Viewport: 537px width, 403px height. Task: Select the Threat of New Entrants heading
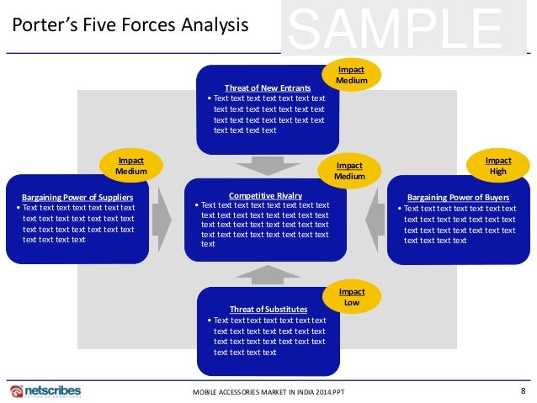coord(268,87)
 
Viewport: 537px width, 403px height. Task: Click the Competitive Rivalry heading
coord(266,195)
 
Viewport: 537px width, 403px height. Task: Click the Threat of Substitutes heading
coord(268,310)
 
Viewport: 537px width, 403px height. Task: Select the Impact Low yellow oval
coord(351,295)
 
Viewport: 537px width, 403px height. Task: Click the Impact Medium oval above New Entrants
coord(351,75)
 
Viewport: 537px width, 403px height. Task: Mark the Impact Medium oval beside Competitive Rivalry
coord(349,172)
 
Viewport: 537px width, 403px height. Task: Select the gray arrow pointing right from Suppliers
coord(163,219)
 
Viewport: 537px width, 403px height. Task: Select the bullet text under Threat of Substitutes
coord(269,337)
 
